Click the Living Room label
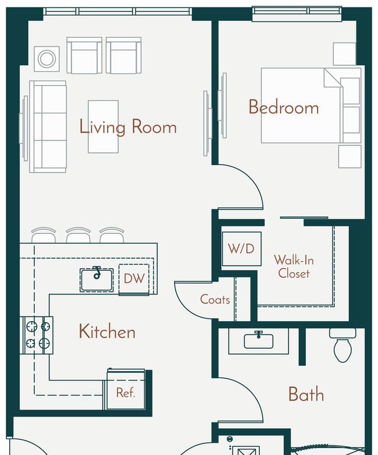click(128, 127)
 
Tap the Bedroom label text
click(284, 107)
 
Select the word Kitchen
click(107, 332)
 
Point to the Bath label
click(306, 394)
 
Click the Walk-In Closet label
click(294, 266)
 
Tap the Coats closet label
click(215, 300)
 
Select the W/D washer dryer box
click(242, 249)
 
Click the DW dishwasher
click(134, 279)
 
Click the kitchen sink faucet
click(97, 272)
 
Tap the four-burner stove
click(37, 335)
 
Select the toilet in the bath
click(343, 345)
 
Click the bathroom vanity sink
click(259, 341)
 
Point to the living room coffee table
click(104, 126)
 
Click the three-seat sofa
click(48, 127)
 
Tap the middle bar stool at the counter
click(78, 234)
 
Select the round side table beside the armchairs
click(47, 59)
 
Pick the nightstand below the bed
click(350, 157)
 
